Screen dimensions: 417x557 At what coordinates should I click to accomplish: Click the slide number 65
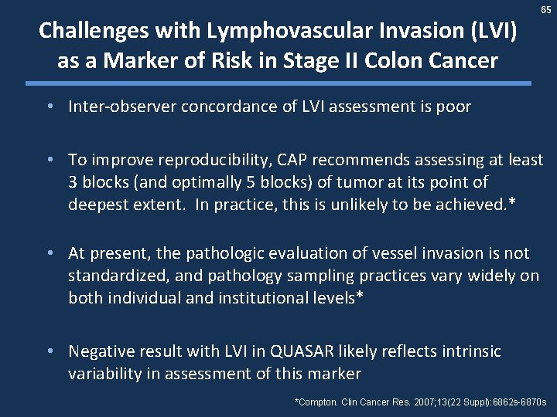(x=546, y=10)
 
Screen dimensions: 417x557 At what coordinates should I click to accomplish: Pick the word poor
(x=453, y=107)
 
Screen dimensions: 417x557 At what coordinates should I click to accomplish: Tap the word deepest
(x=96, y=204)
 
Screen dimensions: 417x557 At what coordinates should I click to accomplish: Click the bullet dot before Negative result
(x=50, y=351)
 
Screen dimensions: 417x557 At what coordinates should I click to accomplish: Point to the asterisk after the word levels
(x=358, y=297)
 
